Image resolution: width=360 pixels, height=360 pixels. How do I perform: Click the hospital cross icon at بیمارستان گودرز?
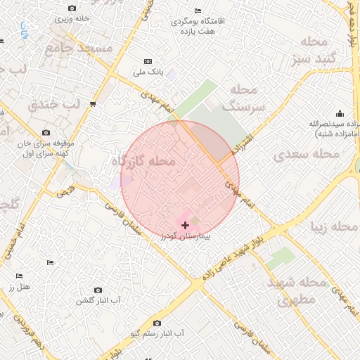click(185, 225)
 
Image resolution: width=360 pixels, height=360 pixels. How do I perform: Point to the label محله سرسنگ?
click(244, 98)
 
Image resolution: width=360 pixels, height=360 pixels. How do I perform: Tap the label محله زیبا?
click(335, 226)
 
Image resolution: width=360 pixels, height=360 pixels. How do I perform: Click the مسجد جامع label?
click(78, 48)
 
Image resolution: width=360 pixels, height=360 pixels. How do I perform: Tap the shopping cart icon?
click(93, 104)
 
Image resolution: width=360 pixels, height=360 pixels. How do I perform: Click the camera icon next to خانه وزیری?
click(72, 8)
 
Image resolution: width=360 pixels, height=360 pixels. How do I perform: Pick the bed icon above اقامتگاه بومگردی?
click(198, 11)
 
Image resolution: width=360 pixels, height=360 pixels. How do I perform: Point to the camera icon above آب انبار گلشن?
click(98, 290)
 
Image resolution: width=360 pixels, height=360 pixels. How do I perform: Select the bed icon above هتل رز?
click(20, 276)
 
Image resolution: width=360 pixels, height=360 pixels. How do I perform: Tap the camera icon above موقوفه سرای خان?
click(46, 132)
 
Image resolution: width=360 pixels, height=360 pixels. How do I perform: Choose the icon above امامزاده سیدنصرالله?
click(340, 113)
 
